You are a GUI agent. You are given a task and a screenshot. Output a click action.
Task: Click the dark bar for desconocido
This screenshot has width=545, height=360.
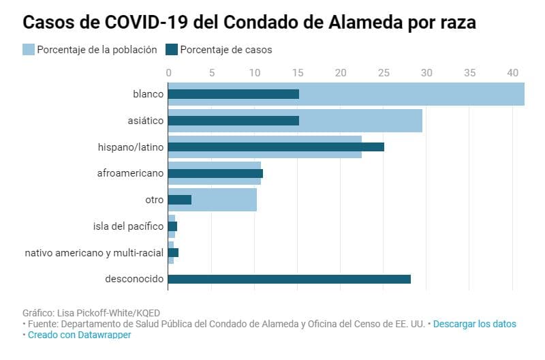[289, 279]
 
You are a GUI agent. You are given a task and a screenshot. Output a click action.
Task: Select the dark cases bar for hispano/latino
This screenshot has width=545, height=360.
[276, 147]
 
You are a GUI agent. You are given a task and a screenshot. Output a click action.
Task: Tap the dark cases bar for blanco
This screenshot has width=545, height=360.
[233, 94]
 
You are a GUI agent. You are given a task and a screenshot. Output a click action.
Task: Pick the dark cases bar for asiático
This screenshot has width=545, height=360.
[233, 121]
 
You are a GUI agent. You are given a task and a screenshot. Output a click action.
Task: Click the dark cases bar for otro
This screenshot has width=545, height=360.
[179, 200]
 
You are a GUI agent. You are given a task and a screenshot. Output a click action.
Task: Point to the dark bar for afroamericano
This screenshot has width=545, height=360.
[215, 173]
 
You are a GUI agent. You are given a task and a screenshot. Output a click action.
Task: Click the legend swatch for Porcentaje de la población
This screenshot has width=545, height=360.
[29, 49]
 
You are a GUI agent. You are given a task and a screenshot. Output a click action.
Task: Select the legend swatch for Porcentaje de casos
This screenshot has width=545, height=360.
[172, 49]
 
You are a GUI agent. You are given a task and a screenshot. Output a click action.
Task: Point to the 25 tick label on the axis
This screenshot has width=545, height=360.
[384, 72]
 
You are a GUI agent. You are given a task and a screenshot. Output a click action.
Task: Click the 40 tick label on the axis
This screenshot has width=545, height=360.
[513, 72]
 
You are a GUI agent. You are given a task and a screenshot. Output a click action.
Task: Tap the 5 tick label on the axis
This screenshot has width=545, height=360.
[211, 72]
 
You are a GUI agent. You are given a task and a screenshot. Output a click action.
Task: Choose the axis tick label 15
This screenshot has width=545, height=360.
[298, 72]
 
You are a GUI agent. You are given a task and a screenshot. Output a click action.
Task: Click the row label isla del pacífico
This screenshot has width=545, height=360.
[128, 226]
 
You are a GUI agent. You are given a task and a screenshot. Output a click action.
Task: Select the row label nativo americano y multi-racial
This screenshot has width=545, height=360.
[94, 252]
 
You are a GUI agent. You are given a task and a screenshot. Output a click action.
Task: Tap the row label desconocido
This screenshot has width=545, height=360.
[134, 279]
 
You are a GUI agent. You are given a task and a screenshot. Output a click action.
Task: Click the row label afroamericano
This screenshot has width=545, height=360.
[130, 173]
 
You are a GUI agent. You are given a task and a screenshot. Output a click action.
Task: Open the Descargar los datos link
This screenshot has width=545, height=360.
[474, 324]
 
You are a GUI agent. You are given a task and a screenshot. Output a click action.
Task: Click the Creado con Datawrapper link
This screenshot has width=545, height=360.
[79, 335]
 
